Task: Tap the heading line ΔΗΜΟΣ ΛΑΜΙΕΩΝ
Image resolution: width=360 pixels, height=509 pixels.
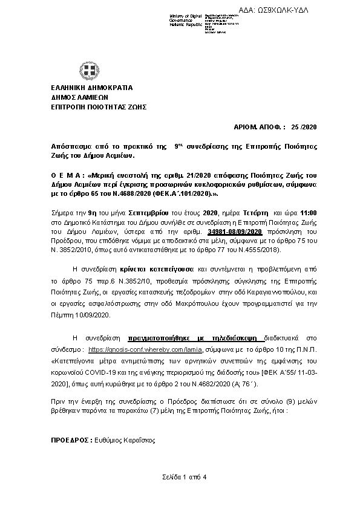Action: pyautogui.click(x=79, y=97)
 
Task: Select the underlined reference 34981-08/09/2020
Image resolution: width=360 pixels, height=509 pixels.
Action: pyautogui.click(x=234, y=232)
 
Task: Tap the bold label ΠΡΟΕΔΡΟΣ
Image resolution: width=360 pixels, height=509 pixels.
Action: pyautogui.click(x=71, y=442)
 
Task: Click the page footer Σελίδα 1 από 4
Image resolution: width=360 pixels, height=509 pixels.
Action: pyautogui.click(x=180, y=478)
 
